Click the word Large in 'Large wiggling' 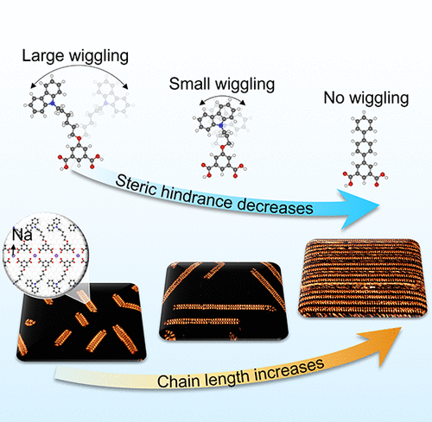[x=42, y=56]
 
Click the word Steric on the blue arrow [x=136, y=186]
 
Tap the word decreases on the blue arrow [x=275, y=205]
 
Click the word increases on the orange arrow [x=289, y=370]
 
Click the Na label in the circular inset [x=22, y=235]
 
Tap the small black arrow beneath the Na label [x=14, y=249]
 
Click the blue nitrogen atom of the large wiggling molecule [x=53, y=104]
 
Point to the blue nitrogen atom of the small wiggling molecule [x=221, y=125]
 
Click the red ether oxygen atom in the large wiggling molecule [x=79, y=139]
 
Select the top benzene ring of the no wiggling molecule [x=364, y=124]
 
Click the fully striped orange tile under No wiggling [x=362, y=278]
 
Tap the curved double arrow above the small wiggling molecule [x=222, y=98]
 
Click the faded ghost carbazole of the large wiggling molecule [x=111, y=98]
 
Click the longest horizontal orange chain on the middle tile [x=225, y=307]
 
